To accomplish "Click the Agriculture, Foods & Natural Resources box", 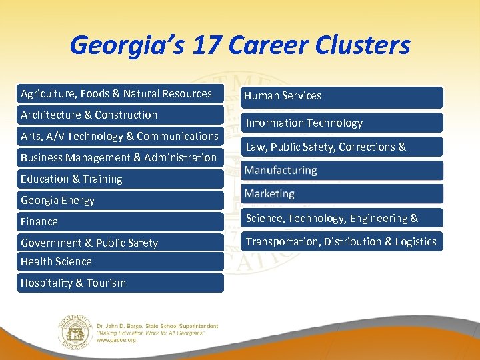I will (x=120, y=94).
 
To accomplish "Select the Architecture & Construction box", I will (x=120, y=115).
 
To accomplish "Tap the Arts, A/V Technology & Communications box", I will (x=120, y=136).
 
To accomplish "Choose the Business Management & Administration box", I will (x=120, y=157).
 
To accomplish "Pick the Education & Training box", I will (x=120, y=179).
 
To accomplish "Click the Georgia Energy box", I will (x=120, y=200).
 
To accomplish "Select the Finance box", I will (x=120, y=221).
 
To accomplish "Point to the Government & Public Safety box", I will (x=120, y=243).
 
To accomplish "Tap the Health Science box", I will (x=120, y=262).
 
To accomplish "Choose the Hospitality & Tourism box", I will (x=120, y=283).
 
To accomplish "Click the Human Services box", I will (x=342, y=96).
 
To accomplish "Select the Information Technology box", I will (x=342, y=123).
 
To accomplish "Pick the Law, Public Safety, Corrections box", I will (x=342, y=147).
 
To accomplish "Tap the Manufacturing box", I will (x=342, y=170).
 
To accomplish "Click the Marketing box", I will (x=342, y=194).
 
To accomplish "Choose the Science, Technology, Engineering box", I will (x=342, y=218).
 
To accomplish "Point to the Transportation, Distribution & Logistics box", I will (x=342, y=241).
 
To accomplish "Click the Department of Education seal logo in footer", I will (x=75, y=331).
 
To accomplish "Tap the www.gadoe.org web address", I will (x=117, y=339).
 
